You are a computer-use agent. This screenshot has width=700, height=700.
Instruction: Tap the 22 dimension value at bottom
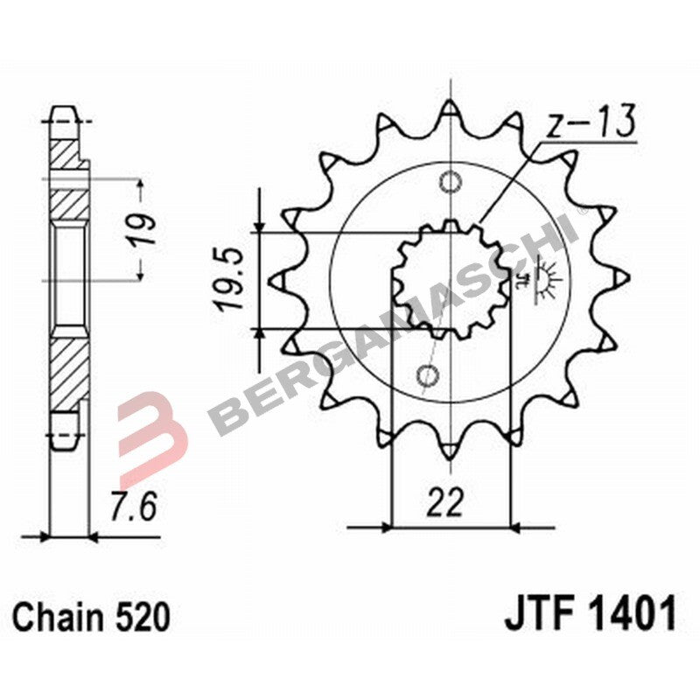tap(447, 504)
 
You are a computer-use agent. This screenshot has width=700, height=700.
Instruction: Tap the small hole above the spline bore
tap(450, 183)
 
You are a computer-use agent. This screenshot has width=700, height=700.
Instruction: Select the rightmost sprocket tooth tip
tap(621, 278)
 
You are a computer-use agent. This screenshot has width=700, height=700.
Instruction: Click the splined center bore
tap(450, 279)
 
